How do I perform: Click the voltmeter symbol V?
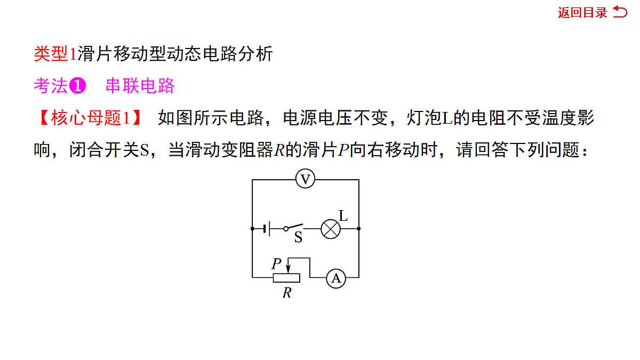(305, 179)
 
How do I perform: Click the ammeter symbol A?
(336, 278)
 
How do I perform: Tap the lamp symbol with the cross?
(331, 229)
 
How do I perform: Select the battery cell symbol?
(267, 229)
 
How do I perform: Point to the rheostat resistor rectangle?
(286, 278)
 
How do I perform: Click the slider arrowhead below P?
(289, 269)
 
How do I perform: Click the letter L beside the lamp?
(343, 215)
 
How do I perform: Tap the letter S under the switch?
(298, 237)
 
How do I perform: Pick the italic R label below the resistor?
(287, 293)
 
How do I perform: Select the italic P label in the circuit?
(277, 263)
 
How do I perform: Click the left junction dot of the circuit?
(252, 229)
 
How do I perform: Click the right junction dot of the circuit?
(359, 229)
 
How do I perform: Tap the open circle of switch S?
(286, 229)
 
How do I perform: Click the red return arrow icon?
(620, 12)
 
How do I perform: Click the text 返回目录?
(582, 13)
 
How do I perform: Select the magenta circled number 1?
(77, 86)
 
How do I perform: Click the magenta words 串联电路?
(140, 86)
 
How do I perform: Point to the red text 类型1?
(55, 54)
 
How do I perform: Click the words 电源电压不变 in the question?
(335, 118)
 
